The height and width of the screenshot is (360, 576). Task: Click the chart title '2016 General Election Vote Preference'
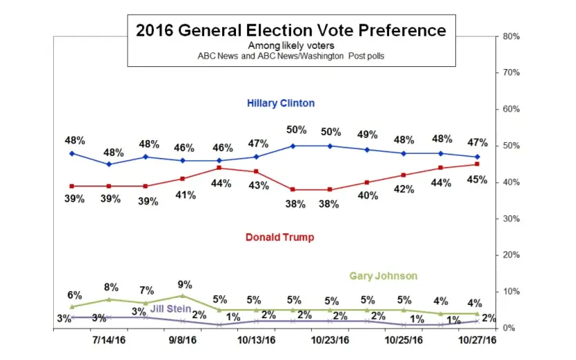pyautogui.click(x=290, y=30)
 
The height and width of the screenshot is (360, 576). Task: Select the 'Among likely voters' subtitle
pyautogui.click(x=290, y=46)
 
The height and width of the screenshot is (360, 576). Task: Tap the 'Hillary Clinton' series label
pyautogui.click(x=281, y=103)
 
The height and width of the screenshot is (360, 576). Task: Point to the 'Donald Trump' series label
pyautogui.click(x=279, y=237)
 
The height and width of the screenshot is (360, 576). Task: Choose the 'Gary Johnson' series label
pyautogui.click(x=383, y=276)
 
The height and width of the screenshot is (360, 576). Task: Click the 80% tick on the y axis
pyautogui.click(x=511, y=36)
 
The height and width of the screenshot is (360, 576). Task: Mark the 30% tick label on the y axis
pyautogui.click(x=511, y=219)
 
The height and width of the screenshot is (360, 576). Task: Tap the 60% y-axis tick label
pyautogui.click(x=511, y=109)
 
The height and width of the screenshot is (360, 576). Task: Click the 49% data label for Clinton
pyautogui.click(x=366, y=134)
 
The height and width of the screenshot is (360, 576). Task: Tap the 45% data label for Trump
pyautogui.click(x=477, y=180)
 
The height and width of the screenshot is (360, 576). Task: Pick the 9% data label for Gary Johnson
pyautogui.click(x=184, y=283)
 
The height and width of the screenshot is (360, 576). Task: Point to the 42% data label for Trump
pyautogui.click(x=403, y=190)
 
